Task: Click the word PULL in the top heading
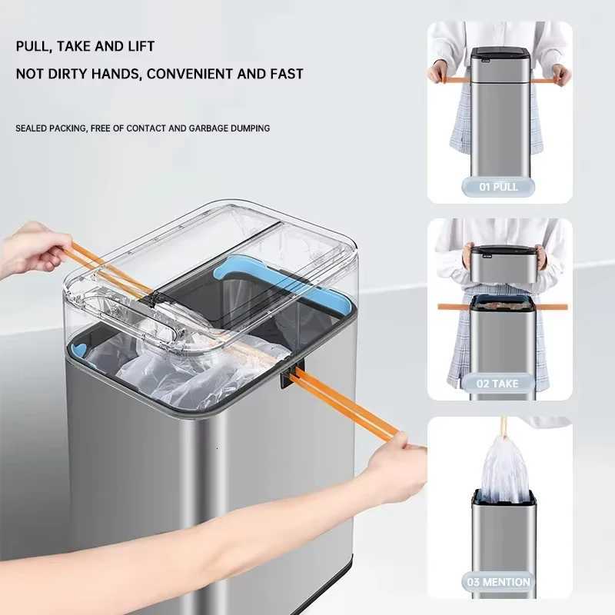pos(34,46)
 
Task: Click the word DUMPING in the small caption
pos(249,128)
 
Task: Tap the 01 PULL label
pos(499,187)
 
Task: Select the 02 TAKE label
pos(499,383)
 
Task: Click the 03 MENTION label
pos(499,581)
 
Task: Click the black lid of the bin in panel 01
pos(499,55)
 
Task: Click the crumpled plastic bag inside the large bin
pos(192,377)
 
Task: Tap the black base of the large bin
pos(323,592)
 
